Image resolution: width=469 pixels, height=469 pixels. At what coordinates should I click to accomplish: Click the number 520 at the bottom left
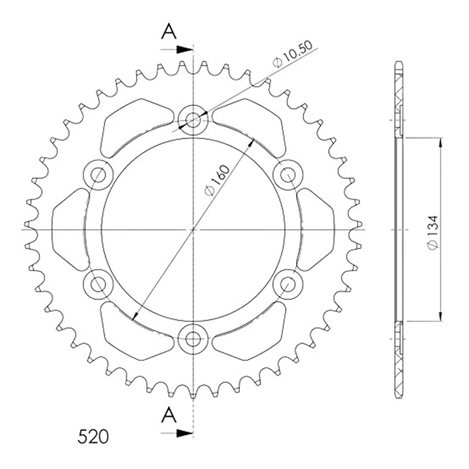[93, 437]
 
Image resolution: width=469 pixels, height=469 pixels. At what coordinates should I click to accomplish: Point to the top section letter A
[169, 32]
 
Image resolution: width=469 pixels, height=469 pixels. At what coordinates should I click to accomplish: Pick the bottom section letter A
[169, 415]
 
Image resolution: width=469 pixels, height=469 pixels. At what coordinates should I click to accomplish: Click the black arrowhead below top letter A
[184, 50]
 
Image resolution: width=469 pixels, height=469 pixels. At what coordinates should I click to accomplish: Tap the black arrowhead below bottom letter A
[184, 433]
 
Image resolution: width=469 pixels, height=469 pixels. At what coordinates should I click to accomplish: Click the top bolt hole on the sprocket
[193, 120]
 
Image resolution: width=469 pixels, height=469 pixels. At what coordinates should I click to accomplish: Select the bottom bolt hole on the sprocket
[193, 339]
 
